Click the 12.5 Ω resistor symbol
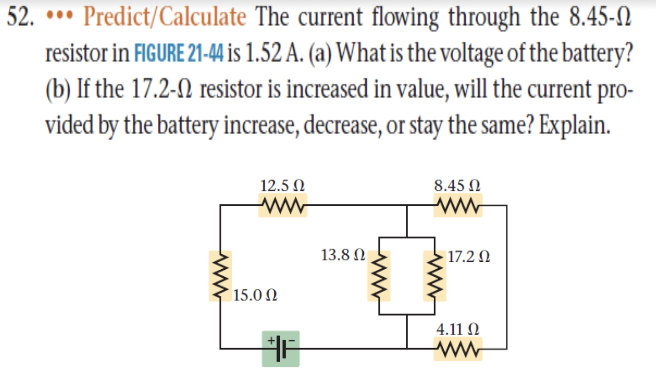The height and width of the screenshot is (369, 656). click(x=283, y=205)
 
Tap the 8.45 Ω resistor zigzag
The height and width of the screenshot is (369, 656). click(x=457, y=205)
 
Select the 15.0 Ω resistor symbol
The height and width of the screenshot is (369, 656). click(x=220, y=276)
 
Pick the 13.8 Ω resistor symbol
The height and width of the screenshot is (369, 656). click(x=379, y=276)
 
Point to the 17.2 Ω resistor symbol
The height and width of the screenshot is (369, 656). click(x=435, y=276)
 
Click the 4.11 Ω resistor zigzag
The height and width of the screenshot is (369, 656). click(x=457, y=349)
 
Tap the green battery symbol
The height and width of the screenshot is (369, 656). click(x=281, y=349)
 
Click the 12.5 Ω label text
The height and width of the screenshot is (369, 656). click(x=282, y=185)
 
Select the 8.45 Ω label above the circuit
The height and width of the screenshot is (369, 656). click(x=457, y=185)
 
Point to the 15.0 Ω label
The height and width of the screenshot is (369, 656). click(x=255, y=295)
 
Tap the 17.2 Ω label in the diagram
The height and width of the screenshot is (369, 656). click(x=469, y=256)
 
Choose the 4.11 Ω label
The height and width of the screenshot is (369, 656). click(x=457, y=329)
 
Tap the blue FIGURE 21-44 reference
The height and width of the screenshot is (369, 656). click(x=179, y=53)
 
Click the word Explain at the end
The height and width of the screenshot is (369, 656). click(x=575, y=125)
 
